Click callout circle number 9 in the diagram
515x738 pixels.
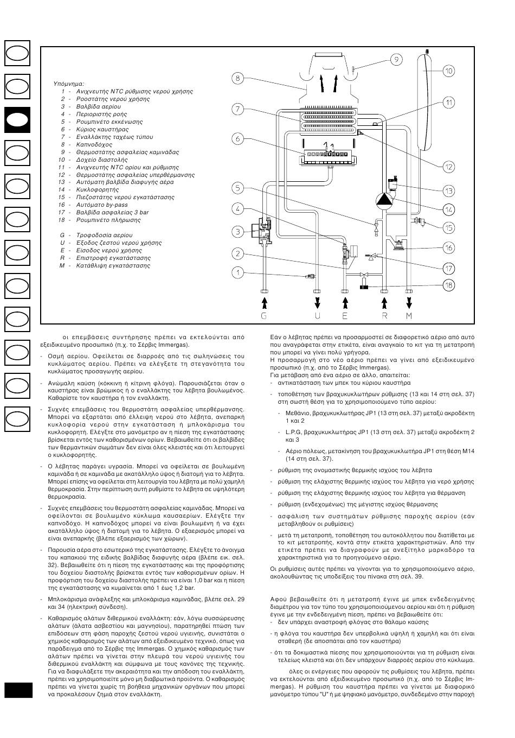click(396, 59)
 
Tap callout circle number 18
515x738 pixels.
click(449, 285)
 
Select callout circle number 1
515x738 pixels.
click(237, 272)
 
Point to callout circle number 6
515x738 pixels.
click(237, 139)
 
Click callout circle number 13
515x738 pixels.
click(449, 190)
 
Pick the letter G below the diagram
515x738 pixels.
click(264, 315)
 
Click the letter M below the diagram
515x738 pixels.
click(409, 315)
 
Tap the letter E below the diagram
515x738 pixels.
click(345, 315)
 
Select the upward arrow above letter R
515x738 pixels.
click(384, 301)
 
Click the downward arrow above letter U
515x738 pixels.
click(318, 301)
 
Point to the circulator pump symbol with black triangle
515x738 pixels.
click(384, 199)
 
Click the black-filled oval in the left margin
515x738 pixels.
click(17, 120)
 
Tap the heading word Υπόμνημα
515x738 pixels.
click(69, 84)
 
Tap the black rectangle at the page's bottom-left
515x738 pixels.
click(18, 690)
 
